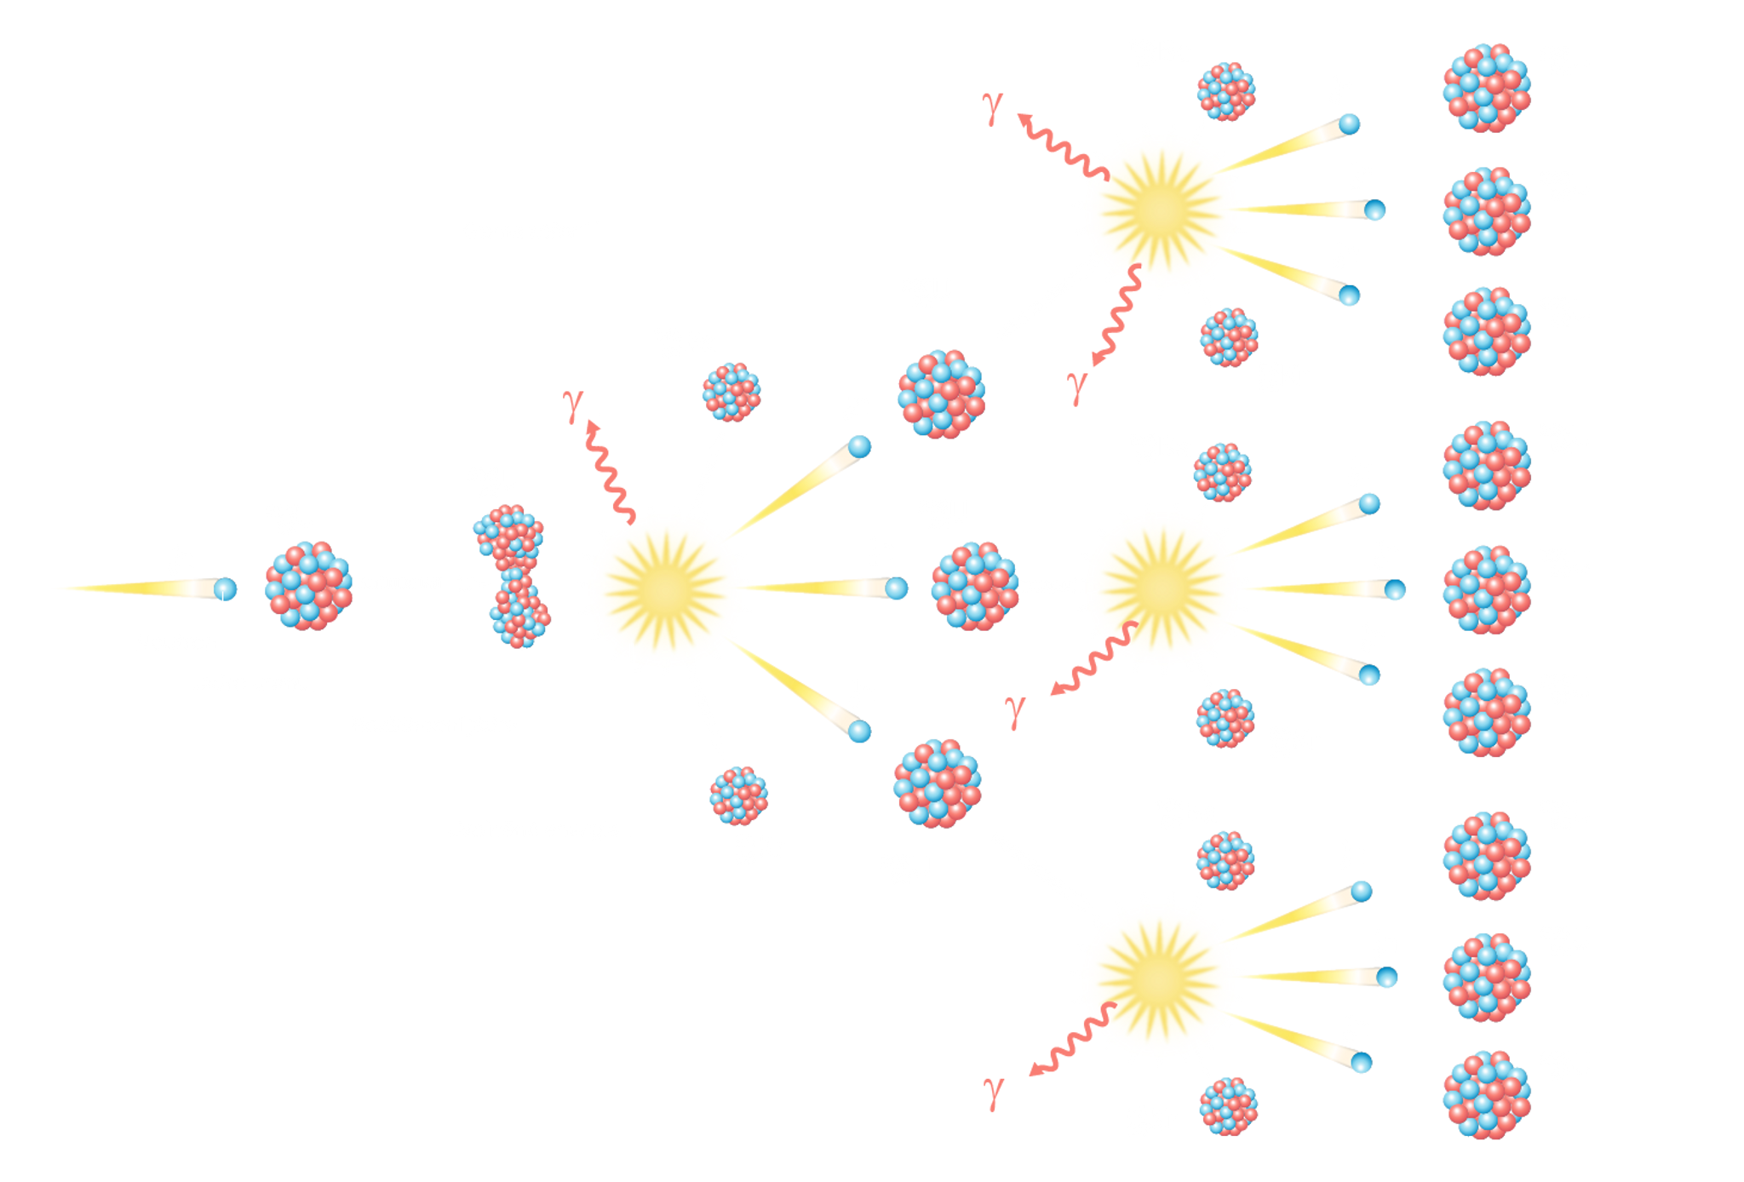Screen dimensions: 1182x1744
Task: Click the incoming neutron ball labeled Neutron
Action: click(x=226, y=588)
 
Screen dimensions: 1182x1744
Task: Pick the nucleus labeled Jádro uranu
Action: click(x=308, y=586)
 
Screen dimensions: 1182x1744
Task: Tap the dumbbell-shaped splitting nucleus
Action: click(x=513, y=576)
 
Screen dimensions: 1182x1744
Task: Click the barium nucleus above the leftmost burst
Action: click(x=731, y=392)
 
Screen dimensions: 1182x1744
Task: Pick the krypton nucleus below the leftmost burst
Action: click(x=738, y=795)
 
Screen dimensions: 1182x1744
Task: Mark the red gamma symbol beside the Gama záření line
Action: click(x=574, y=406)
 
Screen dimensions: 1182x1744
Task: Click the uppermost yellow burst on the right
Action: click(x=1160, y=209)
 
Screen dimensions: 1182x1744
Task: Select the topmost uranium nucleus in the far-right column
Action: click(x=1487, y=88)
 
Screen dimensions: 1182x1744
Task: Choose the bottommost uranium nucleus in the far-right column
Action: click(x=1487, y=1094)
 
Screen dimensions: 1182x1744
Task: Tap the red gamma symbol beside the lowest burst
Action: click(x=994, y=1093)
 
